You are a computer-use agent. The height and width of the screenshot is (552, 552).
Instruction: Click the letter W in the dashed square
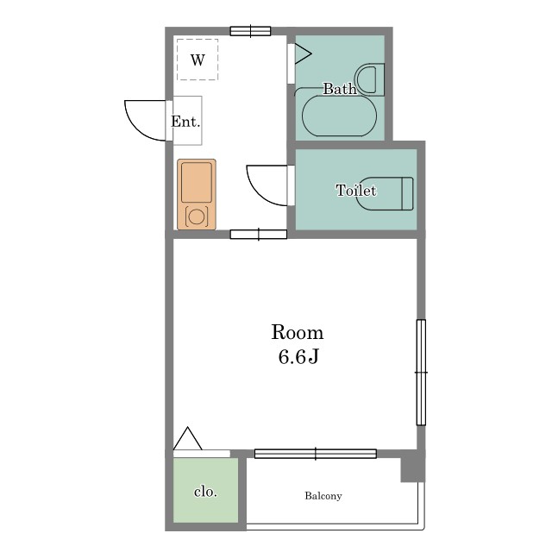click(x=198, y=60)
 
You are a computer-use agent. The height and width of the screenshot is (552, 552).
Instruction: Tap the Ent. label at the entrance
click(x=185, y=122)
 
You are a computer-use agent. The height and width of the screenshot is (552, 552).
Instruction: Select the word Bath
click(x=339, y=89)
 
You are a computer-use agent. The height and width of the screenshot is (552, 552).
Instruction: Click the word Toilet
click(x=355, y=191)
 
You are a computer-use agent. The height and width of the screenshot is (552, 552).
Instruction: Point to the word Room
click(x=297, y=332)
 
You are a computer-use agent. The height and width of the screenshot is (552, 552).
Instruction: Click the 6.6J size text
click(x=298, y=357)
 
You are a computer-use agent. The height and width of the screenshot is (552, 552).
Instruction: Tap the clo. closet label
click(x=205, y=492)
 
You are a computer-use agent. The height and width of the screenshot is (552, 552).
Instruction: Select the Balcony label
click(x=323, y=496)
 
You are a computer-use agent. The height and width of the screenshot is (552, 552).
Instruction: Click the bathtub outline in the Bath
click(x=339, y=116)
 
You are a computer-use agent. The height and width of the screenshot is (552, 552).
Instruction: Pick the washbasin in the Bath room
click(x=370, y=79)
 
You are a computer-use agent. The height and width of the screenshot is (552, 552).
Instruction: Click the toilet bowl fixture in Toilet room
click(x=385, y=193)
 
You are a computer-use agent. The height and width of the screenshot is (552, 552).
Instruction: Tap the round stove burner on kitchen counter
click(x=196, y=216)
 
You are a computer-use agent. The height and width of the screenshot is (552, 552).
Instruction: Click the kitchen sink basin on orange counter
click(x=197, y=182)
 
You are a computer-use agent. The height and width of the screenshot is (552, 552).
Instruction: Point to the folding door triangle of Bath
click(x=303, y=53)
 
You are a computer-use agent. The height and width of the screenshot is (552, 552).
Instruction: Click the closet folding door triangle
click(x=188, y=438)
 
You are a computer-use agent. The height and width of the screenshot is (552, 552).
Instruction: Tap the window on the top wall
click(x=250, y=31)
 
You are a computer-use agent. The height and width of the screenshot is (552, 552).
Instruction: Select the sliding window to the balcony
click(x=316, y=454)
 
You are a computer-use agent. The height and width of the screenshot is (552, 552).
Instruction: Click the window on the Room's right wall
click(x=421, y=373)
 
